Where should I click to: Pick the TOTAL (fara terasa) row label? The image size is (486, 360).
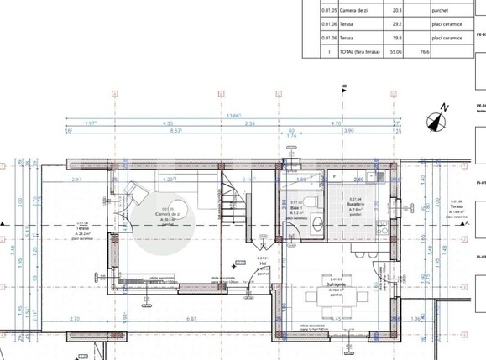tap(353, 51)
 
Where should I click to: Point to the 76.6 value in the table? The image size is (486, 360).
tap(424, 51)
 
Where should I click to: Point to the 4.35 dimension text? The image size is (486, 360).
tap(168, 123)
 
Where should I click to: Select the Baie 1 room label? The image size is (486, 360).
tap(296, 206)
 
